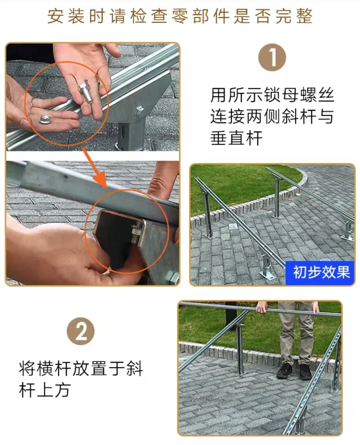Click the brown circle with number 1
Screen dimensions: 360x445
[x=272, y=57]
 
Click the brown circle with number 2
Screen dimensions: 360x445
[x=81, y=331]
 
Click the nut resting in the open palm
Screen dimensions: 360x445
[x=45, y=119]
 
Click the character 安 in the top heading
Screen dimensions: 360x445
[x=56, y=16]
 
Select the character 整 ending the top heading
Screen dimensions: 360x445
[x=304, y=16]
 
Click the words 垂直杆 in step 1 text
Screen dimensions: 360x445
[x=236, y=138]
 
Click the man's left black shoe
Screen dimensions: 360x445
[x=284, y=371]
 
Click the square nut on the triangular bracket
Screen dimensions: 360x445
[x=139, y=111]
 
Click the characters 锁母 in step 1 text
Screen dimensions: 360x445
[x=281, y=95]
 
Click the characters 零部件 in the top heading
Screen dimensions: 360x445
[x=201, y=16]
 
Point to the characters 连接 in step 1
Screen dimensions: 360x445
[x=227, y=116]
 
